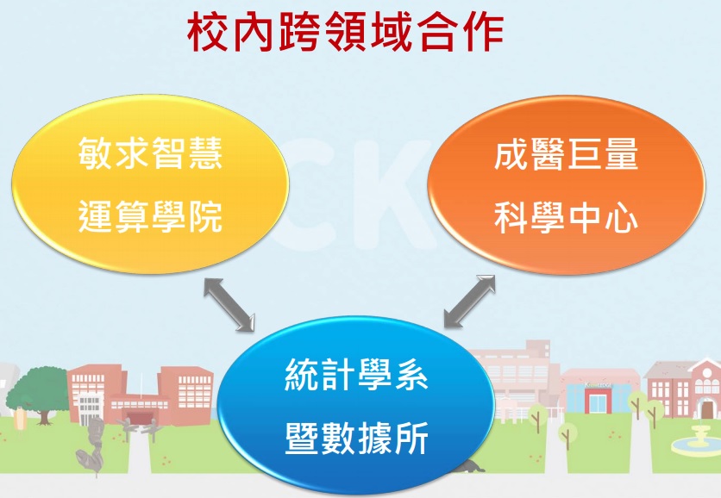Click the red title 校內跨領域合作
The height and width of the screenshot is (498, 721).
[345, 31]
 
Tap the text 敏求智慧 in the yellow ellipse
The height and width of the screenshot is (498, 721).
[150, 153]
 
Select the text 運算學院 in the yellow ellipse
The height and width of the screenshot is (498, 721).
[150, 216]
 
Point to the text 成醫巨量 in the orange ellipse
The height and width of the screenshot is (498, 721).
[566, 154]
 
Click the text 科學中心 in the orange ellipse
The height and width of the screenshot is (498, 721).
[566, 217]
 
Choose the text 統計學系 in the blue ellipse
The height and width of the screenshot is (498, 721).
[357, 375]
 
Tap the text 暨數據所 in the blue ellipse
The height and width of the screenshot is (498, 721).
[357, 438]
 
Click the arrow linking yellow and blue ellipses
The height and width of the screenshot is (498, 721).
[229, 303]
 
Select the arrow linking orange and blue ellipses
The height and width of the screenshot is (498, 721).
[469, 302]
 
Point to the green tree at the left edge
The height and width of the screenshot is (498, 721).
[39, 391]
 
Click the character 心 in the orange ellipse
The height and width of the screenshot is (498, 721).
[621, 217]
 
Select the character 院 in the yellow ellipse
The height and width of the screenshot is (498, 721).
[205, 216]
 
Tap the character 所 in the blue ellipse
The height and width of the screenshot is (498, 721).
[411, 438]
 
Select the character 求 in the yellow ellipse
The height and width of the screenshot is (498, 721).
[132, 153]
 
